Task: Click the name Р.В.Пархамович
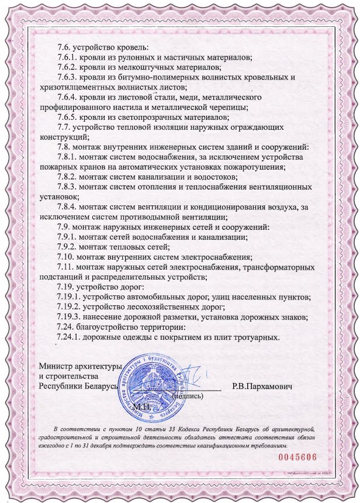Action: pos(262,387)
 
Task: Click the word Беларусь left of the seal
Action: pos(99,387)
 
